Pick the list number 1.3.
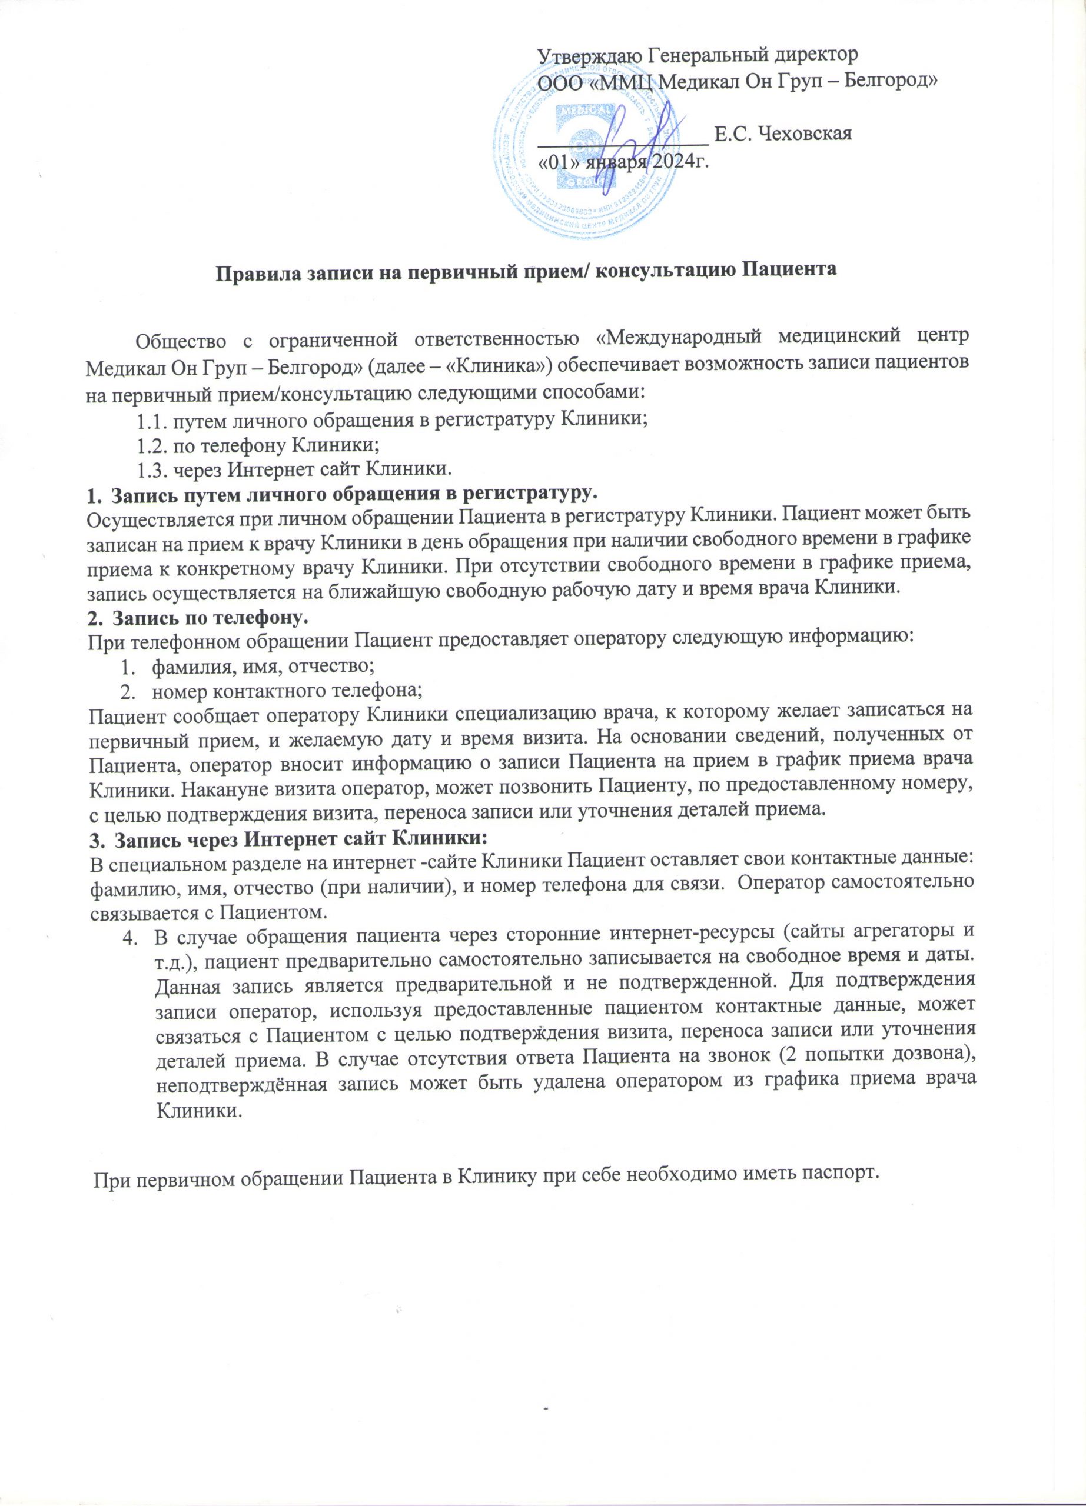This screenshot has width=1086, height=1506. pyautogui.click(x=152, y=469)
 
